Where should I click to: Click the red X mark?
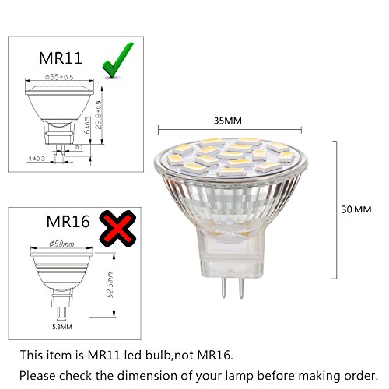point(116,227)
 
